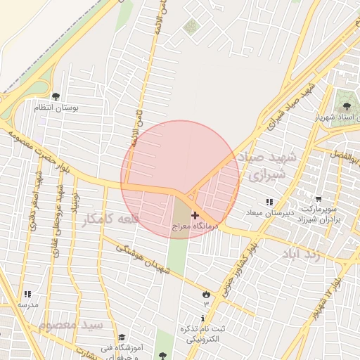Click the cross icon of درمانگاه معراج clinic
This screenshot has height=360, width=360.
coord(195,215)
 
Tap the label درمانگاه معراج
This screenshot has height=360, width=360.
coord(195,227)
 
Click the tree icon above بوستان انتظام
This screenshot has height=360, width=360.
coord(56,97)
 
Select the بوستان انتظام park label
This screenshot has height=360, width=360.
coord(56,108)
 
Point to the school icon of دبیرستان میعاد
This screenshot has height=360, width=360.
coord(269,202)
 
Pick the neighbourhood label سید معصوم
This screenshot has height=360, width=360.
coord(72,326)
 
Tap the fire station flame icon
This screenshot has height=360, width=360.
coord(206,294)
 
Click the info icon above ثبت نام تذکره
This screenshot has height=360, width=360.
coord(203,319)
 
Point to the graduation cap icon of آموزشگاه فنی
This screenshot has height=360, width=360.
coord(122,337)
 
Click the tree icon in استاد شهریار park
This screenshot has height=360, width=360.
coord(345,104)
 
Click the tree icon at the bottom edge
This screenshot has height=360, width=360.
coord(164,356)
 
